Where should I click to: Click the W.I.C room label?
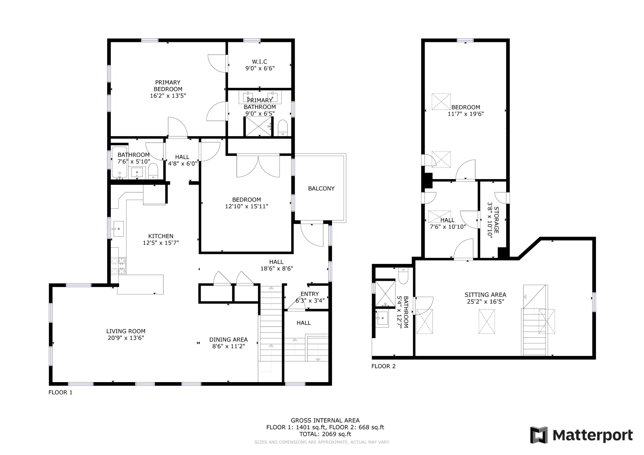pos(259,62)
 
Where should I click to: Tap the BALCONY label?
pos(321,189)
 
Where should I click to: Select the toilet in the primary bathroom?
pos(283,128)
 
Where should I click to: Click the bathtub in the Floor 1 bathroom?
pos(119,162)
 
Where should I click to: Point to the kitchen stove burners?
pos(118,266)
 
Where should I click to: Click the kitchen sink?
pos(118,228)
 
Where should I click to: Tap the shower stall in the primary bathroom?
pos(258,126)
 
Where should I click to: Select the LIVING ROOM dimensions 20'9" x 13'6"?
pos(126,338)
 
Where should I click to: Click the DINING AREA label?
pos(228,339)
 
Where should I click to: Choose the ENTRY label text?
pos(309,294)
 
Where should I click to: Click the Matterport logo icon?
pos(539,435)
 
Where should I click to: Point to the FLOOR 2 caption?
pos(383,366)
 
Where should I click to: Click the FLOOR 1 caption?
pos(60,392)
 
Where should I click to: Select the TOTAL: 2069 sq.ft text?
pos(325,434)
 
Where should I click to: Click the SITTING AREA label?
pos(485,295)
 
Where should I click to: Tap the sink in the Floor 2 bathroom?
pos(382,319)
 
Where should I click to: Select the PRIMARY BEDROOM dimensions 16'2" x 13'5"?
pos(168,96)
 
